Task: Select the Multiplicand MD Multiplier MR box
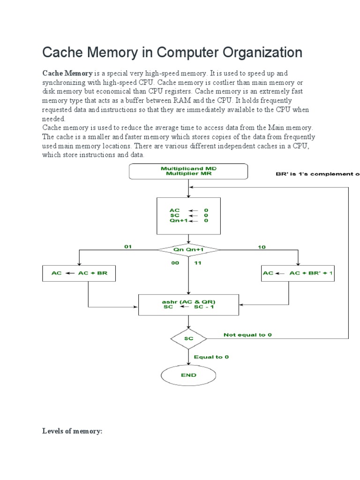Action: [188, 171]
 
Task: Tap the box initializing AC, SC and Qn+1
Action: [188, 215]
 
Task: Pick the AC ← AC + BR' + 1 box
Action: [298, 273]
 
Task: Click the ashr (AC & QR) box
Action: [188, 304]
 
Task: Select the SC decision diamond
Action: [188, 337]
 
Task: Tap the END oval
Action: [188, 375]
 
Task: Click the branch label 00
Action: [175, 263]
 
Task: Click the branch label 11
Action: [198, 263]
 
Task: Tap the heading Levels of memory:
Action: [72, 431]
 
